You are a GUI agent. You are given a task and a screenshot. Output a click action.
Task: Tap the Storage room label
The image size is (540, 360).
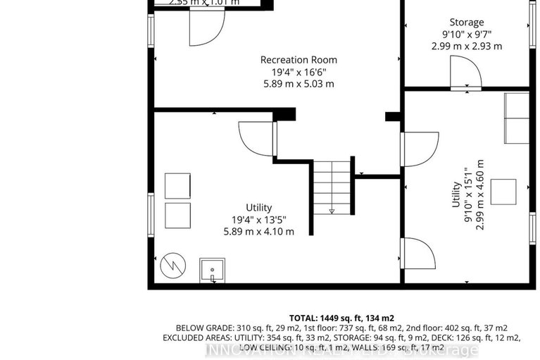tap(467, 23)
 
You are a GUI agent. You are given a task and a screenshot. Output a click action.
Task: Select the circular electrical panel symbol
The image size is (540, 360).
tap(172, 266)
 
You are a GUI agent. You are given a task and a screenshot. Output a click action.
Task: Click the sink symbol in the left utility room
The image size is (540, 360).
tap(212, 270)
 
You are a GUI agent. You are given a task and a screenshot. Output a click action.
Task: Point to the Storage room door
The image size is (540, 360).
tap(466, 73)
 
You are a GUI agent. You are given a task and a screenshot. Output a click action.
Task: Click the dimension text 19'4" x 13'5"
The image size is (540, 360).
tap(258, 219)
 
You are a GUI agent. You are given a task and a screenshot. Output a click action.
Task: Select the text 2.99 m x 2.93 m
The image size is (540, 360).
tap(467, 46)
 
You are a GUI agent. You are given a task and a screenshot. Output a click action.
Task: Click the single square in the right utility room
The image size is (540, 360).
tap(504, 192)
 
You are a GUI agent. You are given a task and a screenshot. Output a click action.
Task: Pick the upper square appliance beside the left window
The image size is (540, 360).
tap(177, 185)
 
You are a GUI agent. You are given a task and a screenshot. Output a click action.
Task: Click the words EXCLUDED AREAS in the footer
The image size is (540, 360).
tap(196, 338)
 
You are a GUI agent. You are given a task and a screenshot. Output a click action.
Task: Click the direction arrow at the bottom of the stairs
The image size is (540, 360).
tap(332, 211)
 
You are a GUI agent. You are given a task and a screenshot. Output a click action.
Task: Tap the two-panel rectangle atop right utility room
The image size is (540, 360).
tap(515, 118)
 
